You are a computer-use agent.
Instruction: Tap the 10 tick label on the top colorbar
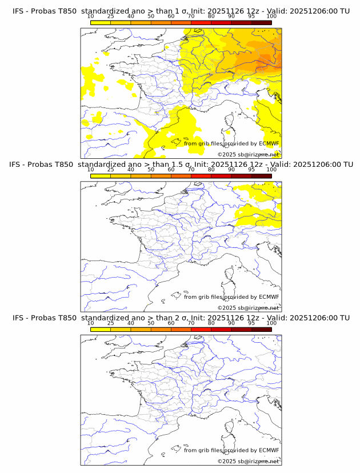(90, 17)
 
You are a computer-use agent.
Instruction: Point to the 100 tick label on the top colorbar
(271, 17)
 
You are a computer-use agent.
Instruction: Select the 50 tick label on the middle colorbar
(151, 170)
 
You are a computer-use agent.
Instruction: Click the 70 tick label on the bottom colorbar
(191, 323)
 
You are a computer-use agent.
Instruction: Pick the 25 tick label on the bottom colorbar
(110, 323)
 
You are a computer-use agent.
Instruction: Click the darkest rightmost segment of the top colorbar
(261, 22)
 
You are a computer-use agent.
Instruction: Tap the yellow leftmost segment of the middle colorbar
(100, 176)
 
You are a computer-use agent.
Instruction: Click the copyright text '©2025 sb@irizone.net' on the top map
(249, 155)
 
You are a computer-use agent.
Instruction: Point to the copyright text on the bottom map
(249, 461)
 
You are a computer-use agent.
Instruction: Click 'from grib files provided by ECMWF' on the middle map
(231, 297)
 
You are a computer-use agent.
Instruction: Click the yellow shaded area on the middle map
(260, 214)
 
